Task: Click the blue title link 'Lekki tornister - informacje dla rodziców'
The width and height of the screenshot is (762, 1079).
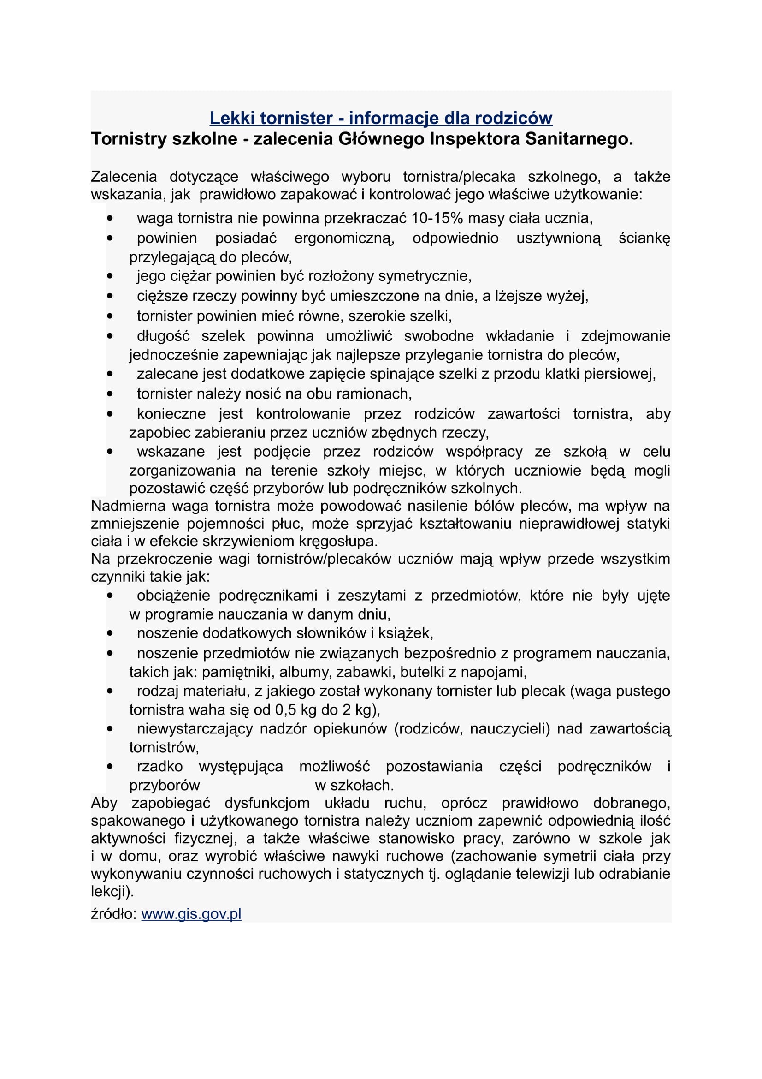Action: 381,118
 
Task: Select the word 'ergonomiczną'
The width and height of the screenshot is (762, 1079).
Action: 344,238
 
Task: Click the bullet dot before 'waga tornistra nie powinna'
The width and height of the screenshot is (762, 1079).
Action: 110,219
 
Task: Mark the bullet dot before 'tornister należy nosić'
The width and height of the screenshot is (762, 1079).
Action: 110,394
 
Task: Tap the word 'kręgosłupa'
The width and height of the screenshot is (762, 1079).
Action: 337,542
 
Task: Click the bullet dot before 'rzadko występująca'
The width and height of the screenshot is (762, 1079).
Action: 110,767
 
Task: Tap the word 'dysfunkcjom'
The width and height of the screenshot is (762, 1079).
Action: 267,804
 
